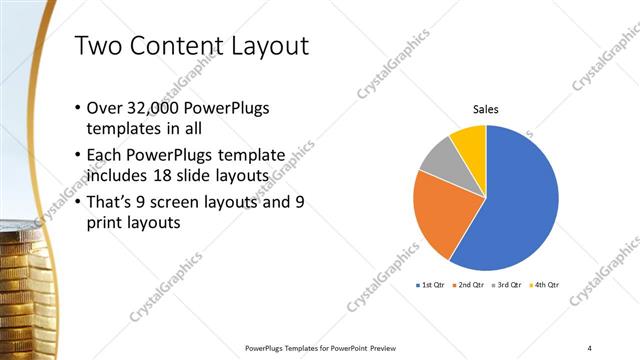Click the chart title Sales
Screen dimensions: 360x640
tap(486, 110)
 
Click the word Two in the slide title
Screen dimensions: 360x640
tap(101, 46)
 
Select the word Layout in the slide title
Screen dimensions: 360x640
tap(265, 46)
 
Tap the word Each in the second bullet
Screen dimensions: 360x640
tap(109, 156)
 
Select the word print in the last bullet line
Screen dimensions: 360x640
tap(108, 223)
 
